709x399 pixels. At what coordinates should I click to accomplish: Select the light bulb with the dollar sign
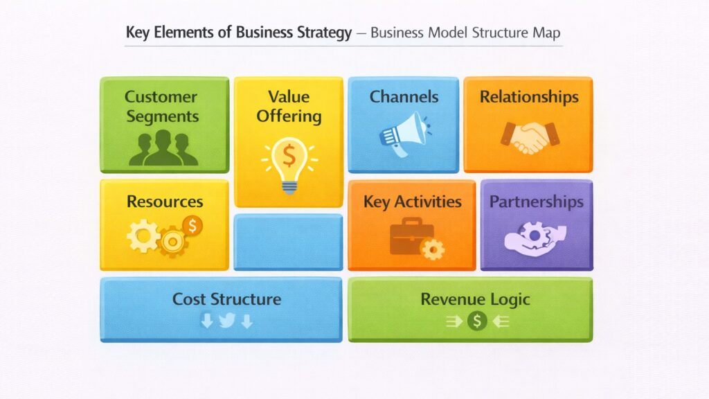(x=289, y=163)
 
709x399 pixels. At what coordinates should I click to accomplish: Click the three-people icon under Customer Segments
(x=163, y=148)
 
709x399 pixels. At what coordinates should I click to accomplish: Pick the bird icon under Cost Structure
(x=227, y=321)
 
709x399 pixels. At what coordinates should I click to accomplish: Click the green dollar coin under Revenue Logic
(x=477, y=321)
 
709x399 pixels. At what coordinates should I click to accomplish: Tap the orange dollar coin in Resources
(x=192, y=224)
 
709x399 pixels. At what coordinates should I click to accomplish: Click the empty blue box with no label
(x=288, y=242)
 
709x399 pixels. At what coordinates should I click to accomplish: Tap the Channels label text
(x=404, y=96)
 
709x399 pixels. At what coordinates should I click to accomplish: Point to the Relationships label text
(x=529, y=96)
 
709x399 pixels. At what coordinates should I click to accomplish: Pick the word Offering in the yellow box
(x=289, y=116)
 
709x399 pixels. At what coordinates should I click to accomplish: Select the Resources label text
(x=165, y=202)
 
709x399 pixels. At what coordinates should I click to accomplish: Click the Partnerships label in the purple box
(x=537, y=202)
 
